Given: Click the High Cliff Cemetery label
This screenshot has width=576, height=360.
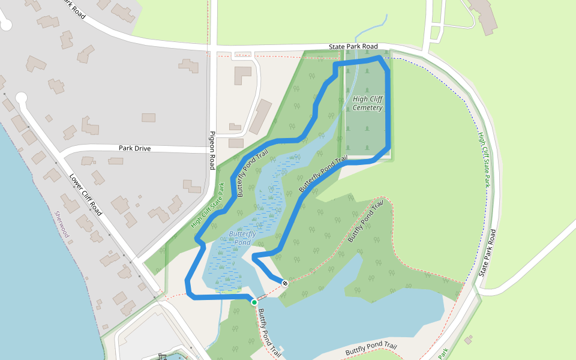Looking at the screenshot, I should pyautogui.click(x=368, y=103).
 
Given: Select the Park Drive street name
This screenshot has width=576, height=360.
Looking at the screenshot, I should pyautogui.click(x=134, y=148).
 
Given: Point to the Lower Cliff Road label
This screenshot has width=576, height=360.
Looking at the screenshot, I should pyautogui.click(x=85, y=195).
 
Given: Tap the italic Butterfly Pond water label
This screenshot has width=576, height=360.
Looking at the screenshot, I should pyautogui.click(x=242, y=238).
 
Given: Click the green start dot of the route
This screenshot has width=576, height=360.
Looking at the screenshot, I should pyautogui.click(x=254, y=302).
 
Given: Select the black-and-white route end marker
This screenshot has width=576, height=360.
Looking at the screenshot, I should pyautogui.click(x=285, y=283).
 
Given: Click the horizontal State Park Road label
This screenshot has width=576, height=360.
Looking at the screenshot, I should pyautogui.click(x=353, y=46).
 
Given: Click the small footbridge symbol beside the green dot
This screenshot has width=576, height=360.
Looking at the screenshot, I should pyautogui.click(x=262, y=298).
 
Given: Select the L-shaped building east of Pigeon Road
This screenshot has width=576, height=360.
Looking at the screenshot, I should pyautogui.click(x=242, y=75).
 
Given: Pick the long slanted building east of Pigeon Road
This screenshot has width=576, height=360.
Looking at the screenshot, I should pyautogui.click(x=260, y=116).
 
